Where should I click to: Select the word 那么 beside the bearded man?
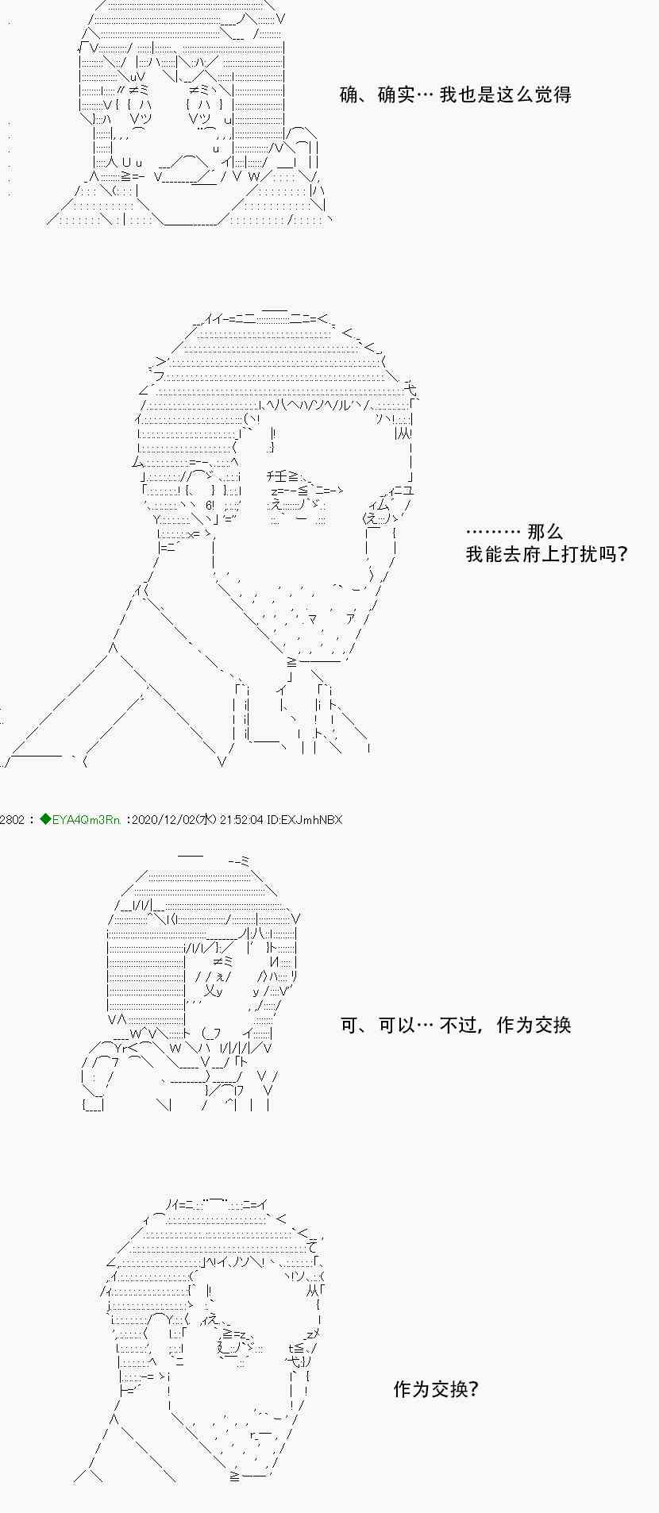(545, 532)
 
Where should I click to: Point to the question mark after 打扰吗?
(622, 554)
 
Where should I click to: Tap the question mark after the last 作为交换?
(474, 1388)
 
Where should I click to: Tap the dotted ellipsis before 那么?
(493, 532)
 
